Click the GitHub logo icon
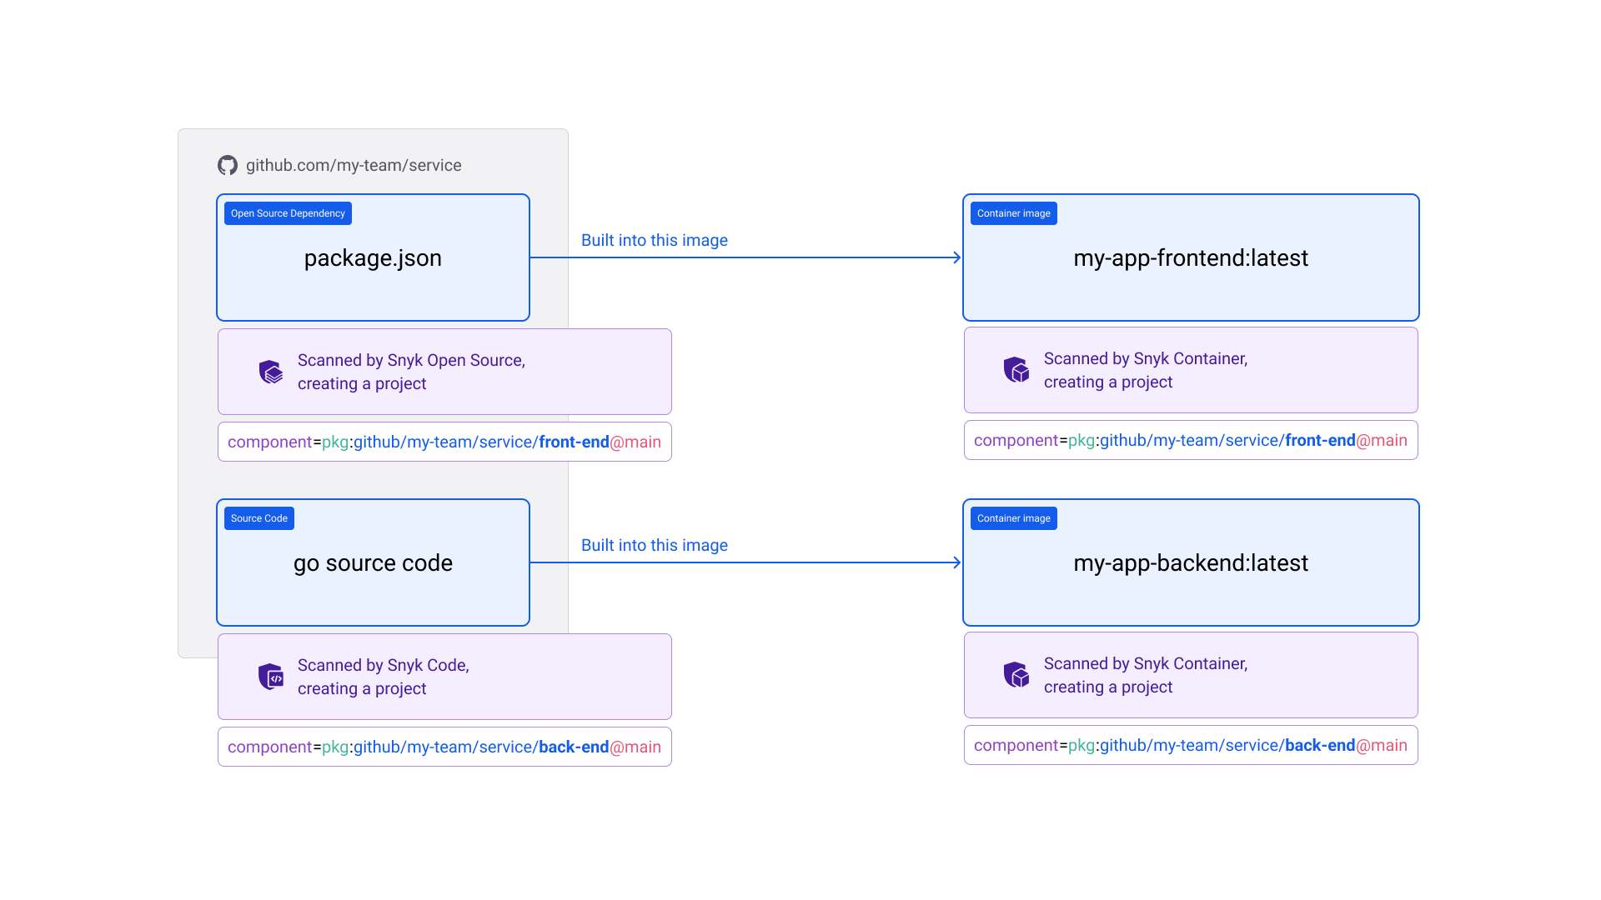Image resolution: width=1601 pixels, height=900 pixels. (x=227, y=165)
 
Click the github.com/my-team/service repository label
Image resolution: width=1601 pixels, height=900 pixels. (x=354, y=165)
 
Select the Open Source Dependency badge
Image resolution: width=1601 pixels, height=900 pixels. (x=288, y=213)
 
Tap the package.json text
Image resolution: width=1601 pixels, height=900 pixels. (x=373, y=258)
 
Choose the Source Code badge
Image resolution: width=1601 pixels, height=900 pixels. (x=258, y=518)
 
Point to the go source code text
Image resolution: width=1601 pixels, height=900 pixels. (x=373, y=563)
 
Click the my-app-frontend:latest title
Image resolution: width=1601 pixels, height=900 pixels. (x=1190, y=258)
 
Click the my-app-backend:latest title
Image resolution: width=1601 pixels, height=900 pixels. (x=1190, y=563)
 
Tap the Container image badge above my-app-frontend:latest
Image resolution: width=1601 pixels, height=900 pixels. (x=1013, y=213)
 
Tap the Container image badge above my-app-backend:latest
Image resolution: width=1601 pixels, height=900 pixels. (x=1013, y=518)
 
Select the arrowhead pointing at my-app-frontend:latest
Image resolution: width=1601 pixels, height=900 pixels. (x=956, y=257)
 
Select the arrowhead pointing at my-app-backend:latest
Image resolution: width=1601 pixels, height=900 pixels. (x=956, y=562)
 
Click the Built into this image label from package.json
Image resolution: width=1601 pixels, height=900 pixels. (x=654, y=240)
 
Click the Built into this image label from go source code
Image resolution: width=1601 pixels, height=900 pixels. (x=654, y=545)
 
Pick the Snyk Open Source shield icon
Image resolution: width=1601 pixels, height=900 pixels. (x=270, y=372)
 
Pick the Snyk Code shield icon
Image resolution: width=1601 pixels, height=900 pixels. (x=270, y=677)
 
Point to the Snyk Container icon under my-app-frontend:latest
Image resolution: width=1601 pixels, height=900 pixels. (x=1016, y=369)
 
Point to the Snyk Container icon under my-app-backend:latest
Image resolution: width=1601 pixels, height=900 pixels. (x=1016, y=674)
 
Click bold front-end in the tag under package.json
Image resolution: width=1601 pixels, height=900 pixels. (x=574, y=442)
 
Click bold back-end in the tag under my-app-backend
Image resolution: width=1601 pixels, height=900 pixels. (x=1319, y=745)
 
